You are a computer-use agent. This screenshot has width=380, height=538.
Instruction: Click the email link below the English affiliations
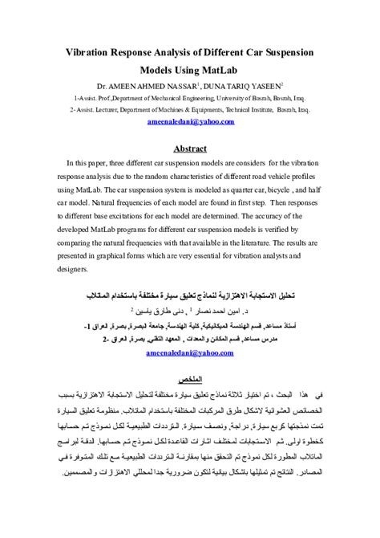pyautogui.click(x=190, y=121)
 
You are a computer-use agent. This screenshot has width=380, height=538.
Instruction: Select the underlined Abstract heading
pyautogui.click(x=190, y=149)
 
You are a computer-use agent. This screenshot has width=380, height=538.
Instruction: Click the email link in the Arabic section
pyautogui.click(x=190, y=352)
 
